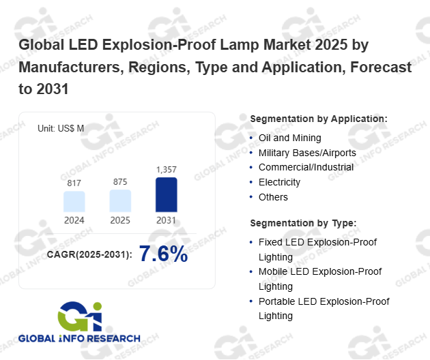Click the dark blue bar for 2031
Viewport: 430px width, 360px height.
pos(167,194)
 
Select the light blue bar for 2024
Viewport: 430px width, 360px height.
pos(74,201)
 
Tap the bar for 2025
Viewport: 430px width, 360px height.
pos(120,200)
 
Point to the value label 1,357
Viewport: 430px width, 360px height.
pos(167,169)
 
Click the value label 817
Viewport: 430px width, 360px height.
pos(74,183)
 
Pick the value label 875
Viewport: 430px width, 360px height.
pos(120,182)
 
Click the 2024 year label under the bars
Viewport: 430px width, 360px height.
pos(74,220)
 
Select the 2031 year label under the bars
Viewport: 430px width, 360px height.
pos(167,220)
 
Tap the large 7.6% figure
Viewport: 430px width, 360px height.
pos(163,254)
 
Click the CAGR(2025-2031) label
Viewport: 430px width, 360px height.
pos(89,256)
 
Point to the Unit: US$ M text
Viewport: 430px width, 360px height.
pos(61,127)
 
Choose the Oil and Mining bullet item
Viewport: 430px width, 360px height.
pos(289,138)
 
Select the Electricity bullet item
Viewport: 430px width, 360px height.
pos(279,182)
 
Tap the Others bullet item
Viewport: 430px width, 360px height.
pos(273,197)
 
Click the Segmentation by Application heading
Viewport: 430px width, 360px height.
pos(319,119)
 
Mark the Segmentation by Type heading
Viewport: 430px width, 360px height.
pos(304,223)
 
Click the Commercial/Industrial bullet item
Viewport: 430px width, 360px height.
pos(306,167)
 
